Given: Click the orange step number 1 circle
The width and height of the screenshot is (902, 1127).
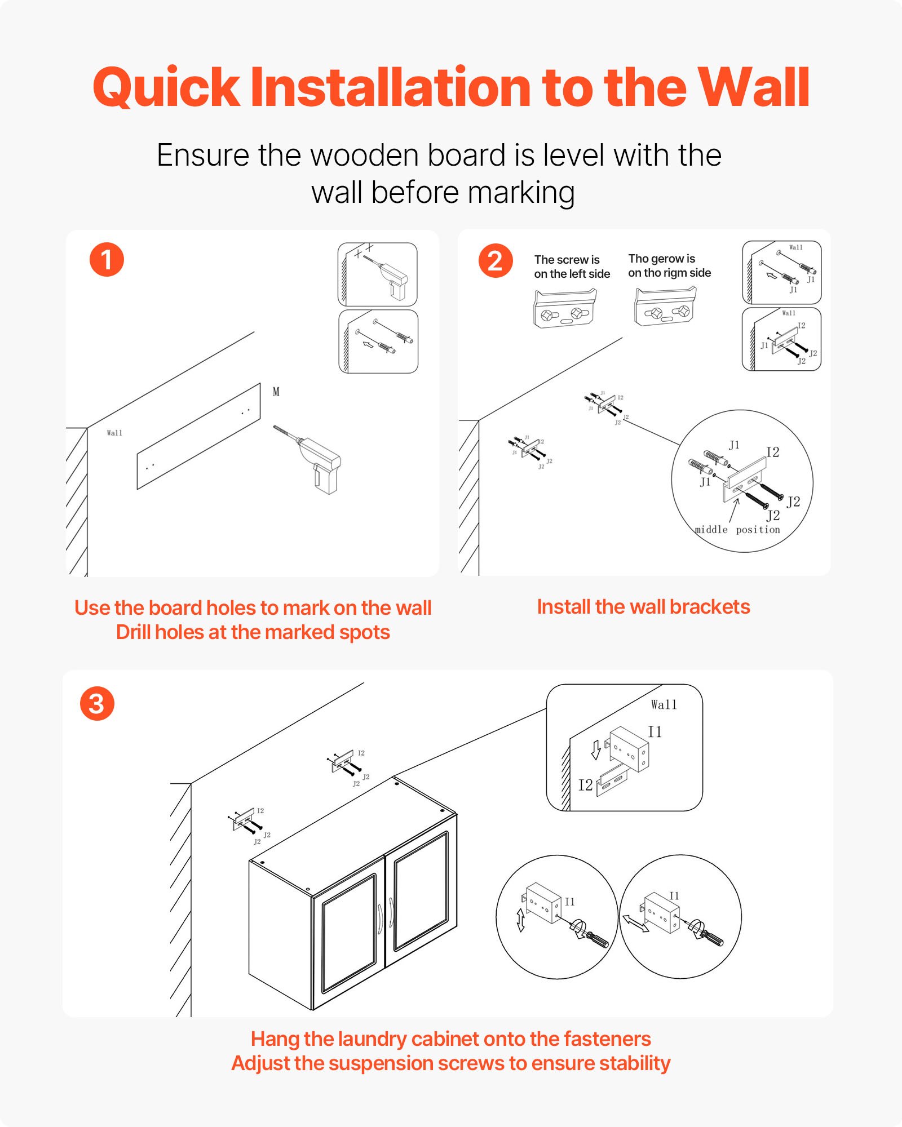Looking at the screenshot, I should (x=107, y=260).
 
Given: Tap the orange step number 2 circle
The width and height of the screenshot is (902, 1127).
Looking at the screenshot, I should (x=495, y=261).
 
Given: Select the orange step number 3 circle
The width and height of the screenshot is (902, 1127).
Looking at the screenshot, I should (x=97, y=704).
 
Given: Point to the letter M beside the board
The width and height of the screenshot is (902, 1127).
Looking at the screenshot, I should (x=276, y=392).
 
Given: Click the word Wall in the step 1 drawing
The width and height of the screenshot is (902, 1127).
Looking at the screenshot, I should (x=114, y=433).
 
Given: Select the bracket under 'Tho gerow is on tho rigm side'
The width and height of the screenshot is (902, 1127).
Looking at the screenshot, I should (x=666, y=307).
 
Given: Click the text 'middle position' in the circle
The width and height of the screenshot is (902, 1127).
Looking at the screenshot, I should (x=737, y=530).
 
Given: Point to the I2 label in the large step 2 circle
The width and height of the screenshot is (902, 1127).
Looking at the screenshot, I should (x=772, y=452).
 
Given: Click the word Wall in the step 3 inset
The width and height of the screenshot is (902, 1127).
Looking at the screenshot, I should (x=664, y=705).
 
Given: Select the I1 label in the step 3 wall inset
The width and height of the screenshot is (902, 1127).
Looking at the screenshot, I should (x=655, y=732).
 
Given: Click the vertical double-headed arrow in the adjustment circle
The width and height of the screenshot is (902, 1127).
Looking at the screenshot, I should (x=520, y=920).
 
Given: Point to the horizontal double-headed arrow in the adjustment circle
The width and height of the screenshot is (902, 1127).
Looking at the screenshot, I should (x=635, y=924).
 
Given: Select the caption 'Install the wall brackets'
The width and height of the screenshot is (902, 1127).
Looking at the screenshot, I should (x=643, y=607).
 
